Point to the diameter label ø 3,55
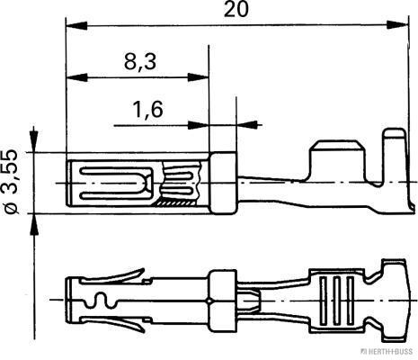click(x=10, y=183)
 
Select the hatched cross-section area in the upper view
click(x=170, y=202)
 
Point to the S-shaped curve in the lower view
click(x=97, y=298)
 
